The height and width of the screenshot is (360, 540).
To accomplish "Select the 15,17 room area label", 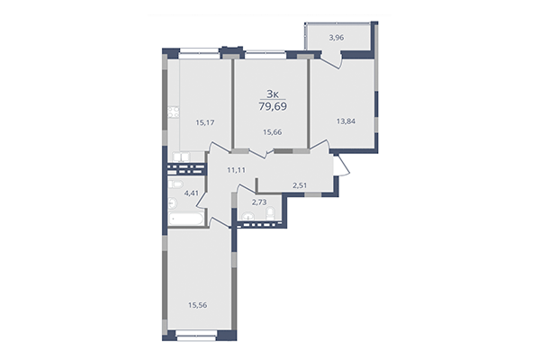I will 203,123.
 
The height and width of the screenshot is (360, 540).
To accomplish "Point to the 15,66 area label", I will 272,133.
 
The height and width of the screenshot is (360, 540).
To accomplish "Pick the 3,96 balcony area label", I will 337,38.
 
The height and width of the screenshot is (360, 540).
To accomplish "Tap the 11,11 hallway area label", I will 236,169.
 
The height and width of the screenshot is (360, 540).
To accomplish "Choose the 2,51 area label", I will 301,185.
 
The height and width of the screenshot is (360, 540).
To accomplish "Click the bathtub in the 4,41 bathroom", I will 187,217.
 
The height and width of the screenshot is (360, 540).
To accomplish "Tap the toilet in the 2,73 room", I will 247,217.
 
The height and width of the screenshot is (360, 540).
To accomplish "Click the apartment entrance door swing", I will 339,166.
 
